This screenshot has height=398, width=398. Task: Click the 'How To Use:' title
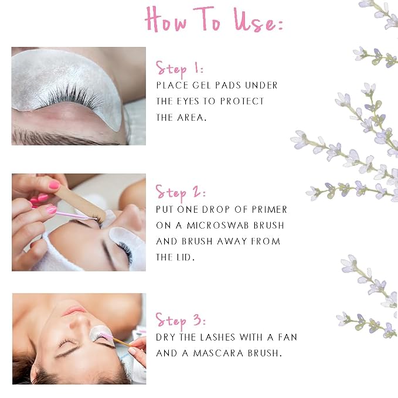point(214,20)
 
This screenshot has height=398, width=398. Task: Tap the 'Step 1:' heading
point(179,69)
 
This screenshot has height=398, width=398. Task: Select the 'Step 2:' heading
point(181,193)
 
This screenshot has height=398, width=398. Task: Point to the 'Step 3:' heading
point(181,321)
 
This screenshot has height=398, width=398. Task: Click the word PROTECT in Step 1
point(242,101)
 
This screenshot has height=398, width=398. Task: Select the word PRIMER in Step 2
point(269,210)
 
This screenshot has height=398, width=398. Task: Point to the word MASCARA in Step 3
point(218,353)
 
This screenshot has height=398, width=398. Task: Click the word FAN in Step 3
point(288,337)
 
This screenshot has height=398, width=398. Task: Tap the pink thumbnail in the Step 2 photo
point(55,185)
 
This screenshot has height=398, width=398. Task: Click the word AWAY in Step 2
point(232,241)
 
